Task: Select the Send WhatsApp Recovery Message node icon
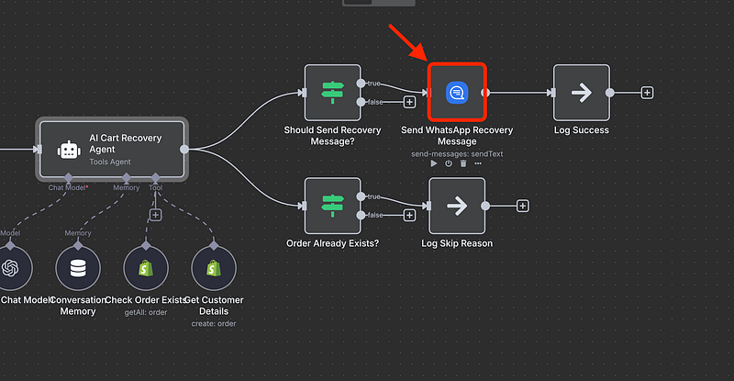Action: click(457, 92)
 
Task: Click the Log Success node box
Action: click(581, 92)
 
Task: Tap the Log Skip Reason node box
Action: click(456, 206)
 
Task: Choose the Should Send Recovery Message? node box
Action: click(331, 92)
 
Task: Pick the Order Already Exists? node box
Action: click(331, 206)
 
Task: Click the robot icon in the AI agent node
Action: click(66, 149)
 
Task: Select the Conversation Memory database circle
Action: click(78, 268)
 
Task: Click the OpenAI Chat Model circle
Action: click(11, 268)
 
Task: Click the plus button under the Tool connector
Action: click(155, 215)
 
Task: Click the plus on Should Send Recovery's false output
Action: click(409, 102)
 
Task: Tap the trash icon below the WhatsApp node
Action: click(463, 163)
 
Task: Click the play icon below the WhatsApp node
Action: click(434, 163)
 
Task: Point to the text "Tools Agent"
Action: click(111, 162)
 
